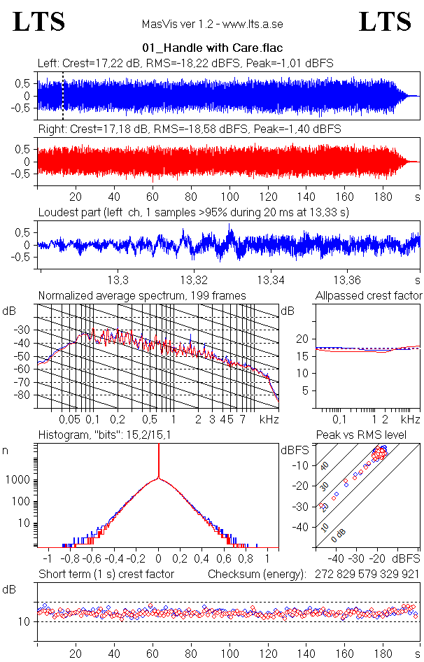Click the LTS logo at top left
(x=39, y=22)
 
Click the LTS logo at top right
(x=385, y=22)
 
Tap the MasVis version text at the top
(x=212, y=24)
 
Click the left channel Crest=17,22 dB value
(x=106, y=63)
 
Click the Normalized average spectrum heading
(x=142, y=296)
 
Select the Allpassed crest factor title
(x=369, y=296)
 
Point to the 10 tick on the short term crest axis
(x=22, y=621)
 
